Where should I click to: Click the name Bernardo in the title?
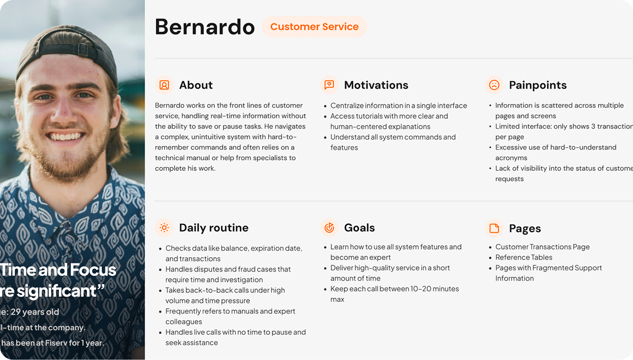(205, 27)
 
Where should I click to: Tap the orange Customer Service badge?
(314, 27)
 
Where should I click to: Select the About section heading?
(196, 85)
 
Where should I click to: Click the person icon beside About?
(164, 85)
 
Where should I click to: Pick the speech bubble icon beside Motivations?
(329, 85)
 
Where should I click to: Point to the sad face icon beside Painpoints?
(494, 85)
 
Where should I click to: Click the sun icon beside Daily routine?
(164, 228)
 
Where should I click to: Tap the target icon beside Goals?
(329, 228)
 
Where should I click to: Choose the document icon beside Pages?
(494, 228)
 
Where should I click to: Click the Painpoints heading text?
(537, 85)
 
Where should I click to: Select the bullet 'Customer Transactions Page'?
(542, 247)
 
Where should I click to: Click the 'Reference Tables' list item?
(524, 257)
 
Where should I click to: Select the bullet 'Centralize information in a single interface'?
(398, 106)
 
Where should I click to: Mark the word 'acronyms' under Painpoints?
(511, 158)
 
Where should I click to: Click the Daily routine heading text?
(213, 228)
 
